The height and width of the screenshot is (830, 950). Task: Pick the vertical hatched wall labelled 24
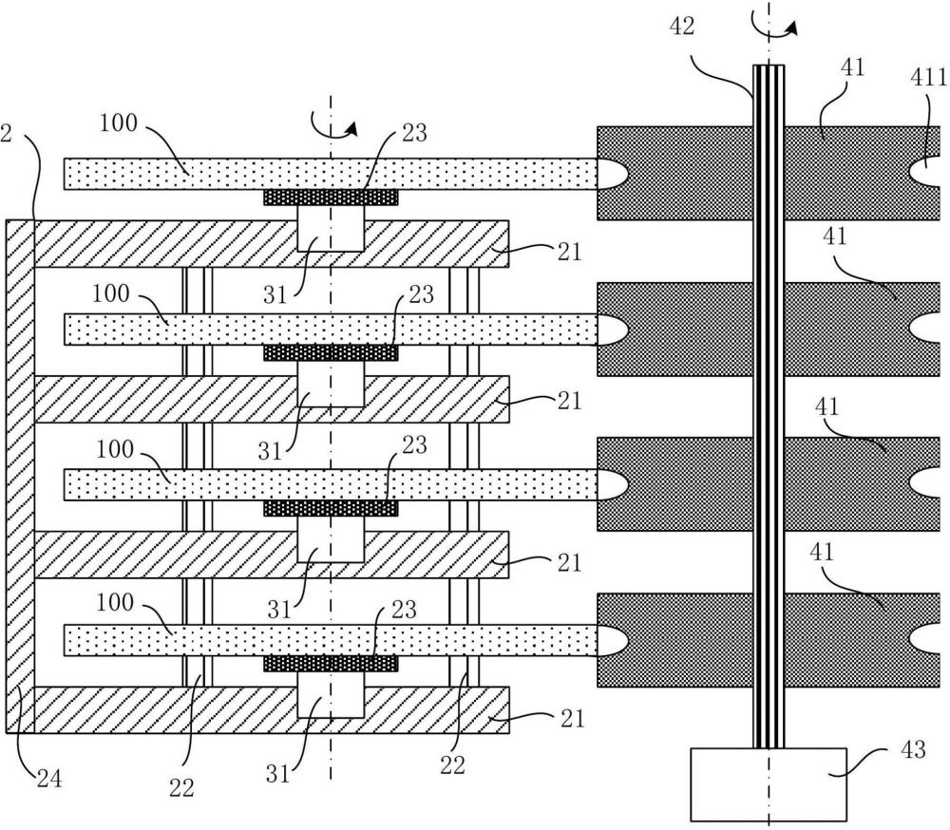pyautogui.click(x=20, y=475)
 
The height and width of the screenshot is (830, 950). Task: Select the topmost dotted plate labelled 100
pyautogui.click(x=190, y=174)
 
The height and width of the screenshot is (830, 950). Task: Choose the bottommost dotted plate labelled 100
pyautogui.click(x=190, y=640)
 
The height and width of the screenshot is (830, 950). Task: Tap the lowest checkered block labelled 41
pyautogui.click(x=674, y=639)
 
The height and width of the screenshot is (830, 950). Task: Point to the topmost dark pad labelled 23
pyautogui.click(x=331, y=198)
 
